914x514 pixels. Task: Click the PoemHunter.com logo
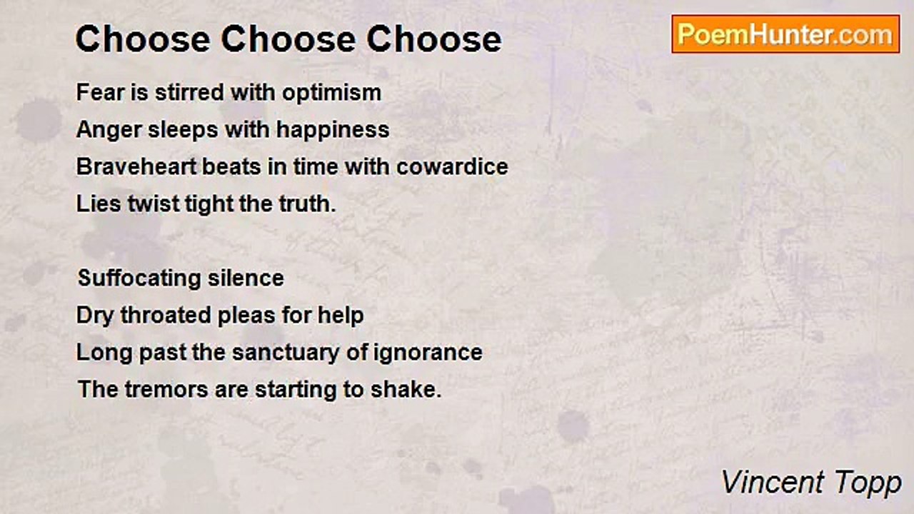point(785,34)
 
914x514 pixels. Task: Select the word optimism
point(332,94)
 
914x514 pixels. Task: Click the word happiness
point(333,131)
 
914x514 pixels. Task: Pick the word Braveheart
point(136,167)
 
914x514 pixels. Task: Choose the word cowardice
point(452,167)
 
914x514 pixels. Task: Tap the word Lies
point(99,203)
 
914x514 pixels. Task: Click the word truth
point(307,203)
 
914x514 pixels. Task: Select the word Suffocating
point(139,279)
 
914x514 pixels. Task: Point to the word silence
point(246,278)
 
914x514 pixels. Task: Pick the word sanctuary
point(286,353)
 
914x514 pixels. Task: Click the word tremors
point(166,390)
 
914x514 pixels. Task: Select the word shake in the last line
point(406,390)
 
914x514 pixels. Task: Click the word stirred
point(190,92)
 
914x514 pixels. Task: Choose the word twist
point(154,203)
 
